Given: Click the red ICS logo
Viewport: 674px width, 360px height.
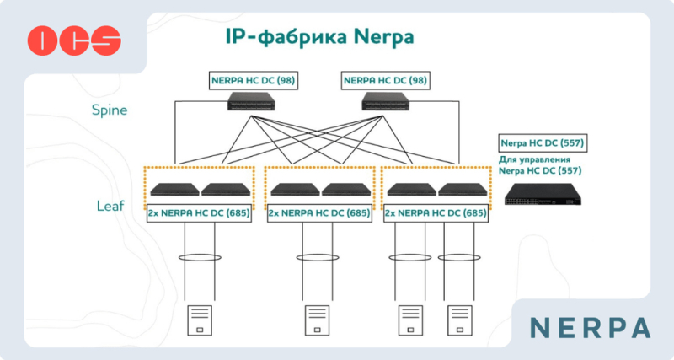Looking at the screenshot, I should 74,39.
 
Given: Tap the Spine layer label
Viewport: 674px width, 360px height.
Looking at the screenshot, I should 109,110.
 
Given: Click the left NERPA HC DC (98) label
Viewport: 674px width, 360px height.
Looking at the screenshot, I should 254,81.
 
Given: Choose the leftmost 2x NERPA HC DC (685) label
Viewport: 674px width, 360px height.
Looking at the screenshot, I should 199,213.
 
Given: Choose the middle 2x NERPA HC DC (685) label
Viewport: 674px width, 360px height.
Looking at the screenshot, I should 319,213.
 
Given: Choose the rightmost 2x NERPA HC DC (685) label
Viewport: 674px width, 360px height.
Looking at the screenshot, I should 436,213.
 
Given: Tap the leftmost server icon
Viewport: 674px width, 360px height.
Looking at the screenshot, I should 198,321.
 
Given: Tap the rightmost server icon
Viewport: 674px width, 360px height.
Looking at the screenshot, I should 457,321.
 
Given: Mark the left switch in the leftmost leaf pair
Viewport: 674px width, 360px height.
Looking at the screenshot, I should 174,190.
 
